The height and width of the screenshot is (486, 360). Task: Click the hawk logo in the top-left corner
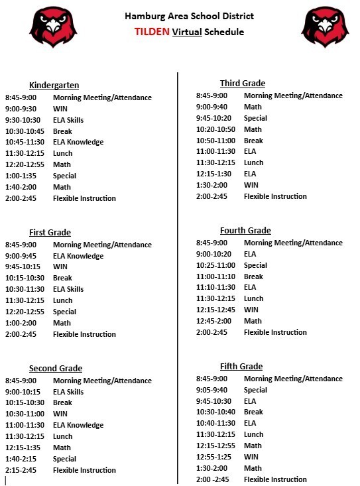pos(53,27)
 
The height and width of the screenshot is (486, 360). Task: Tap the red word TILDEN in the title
pos(152,32)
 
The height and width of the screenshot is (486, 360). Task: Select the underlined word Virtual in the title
pos(187,32)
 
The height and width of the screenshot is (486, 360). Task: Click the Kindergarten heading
pos(54,85)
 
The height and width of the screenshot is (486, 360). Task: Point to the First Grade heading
pos(50,232)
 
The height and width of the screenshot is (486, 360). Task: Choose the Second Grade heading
pos(56,368)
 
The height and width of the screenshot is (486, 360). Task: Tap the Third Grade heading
pos(243,83)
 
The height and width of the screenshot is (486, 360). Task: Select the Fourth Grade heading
pos(245,230)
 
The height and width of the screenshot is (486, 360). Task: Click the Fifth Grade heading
pos(241,366)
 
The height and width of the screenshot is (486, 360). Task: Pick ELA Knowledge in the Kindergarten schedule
pos(78,143)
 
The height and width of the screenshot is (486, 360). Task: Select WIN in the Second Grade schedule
pos(60,414)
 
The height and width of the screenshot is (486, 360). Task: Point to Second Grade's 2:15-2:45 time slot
pos(21,470)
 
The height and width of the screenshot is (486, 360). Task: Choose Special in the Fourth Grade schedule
pos(255,265)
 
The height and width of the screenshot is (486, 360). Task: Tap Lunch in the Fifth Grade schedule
pos(253,434)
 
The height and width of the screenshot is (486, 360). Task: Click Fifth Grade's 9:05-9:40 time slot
pos(211,390)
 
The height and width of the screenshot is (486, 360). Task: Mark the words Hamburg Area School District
pos(189,16)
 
